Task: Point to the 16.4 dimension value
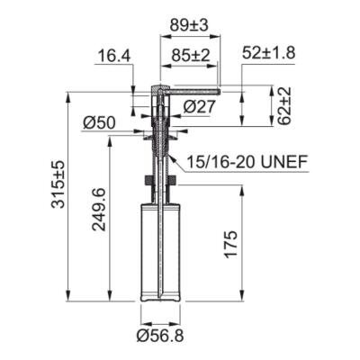(113, 57)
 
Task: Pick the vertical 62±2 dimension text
(283, 106)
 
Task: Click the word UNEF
(287, 162)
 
